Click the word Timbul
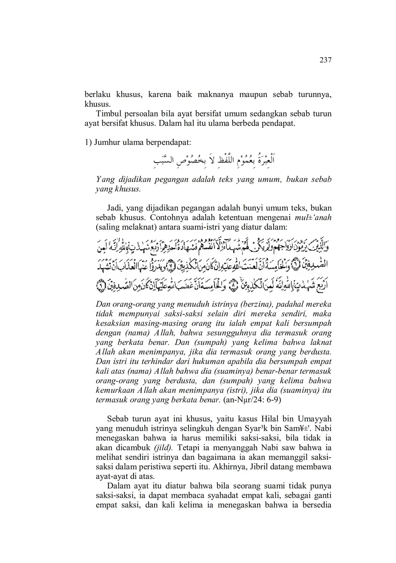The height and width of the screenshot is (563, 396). [x=108, y=114]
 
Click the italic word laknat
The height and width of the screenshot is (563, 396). [x=321, y=342]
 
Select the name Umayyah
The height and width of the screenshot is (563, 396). [x=314, y=419]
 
